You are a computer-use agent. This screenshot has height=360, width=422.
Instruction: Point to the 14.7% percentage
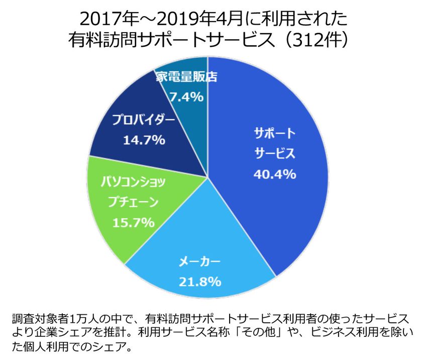(144, 140)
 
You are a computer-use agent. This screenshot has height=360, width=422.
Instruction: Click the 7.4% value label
(187, 96)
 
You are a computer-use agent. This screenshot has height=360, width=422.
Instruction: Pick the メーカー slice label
(199, 262)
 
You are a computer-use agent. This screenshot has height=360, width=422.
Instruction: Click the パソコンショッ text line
(134, 182)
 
